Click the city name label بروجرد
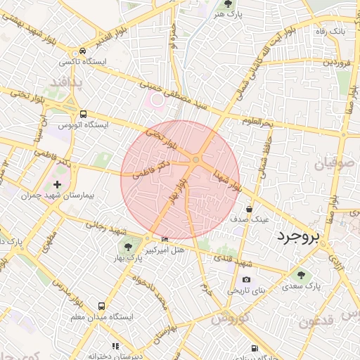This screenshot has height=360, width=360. [299, 236]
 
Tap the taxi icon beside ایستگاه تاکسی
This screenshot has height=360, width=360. [83, 51]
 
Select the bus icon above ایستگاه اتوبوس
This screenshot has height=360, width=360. [84, 114]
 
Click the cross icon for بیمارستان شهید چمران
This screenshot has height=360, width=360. [57, 185]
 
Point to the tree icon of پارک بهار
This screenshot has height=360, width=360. [127, 245]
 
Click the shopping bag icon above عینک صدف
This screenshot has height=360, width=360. [250, 209]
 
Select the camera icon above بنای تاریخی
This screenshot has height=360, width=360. [245, 279]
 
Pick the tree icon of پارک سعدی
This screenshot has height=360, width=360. [302, 276]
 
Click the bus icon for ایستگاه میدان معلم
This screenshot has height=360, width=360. [102, 307]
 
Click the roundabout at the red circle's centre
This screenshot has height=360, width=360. [195, 160]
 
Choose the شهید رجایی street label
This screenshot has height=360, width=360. [105, 228]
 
